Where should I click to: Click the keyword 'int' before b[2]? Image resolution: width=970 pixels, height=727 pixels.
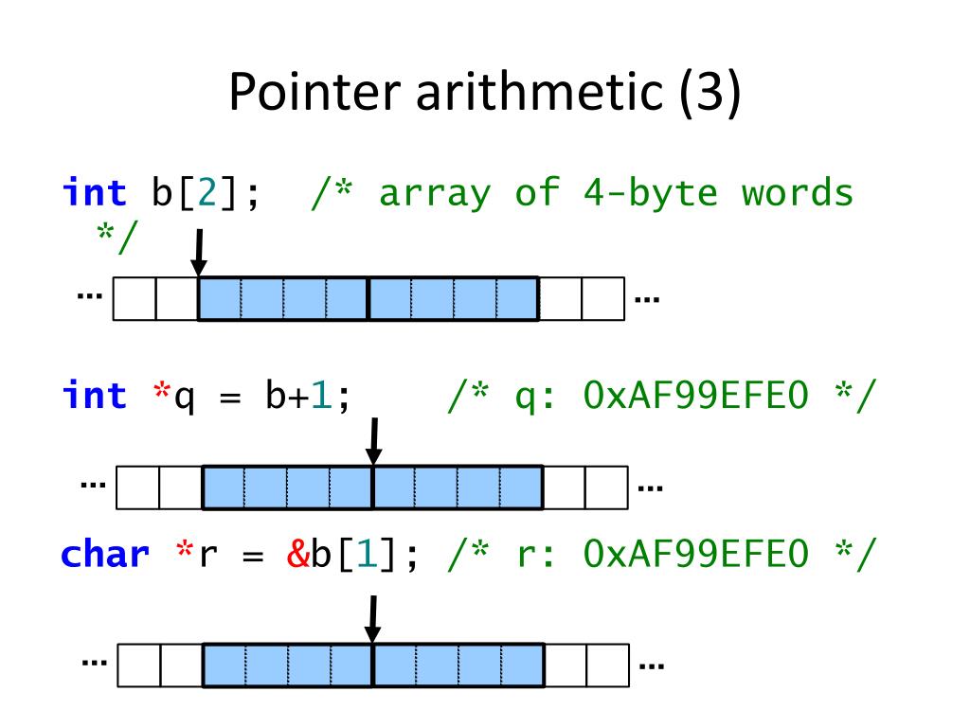(x=94, y=193)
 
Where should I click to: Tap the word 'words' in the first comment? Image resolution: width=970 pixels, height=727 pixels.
(x=797, y=193)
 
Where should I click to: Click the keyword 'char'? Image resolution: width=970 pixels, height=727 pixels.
(x=105, y=553)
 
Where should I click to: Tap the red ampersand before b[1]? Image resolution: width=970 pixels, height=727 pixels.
(x=296, y=553)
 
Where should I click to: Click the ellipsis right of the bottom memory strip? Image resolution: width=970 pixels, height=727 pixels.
(x=651, y=665)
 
